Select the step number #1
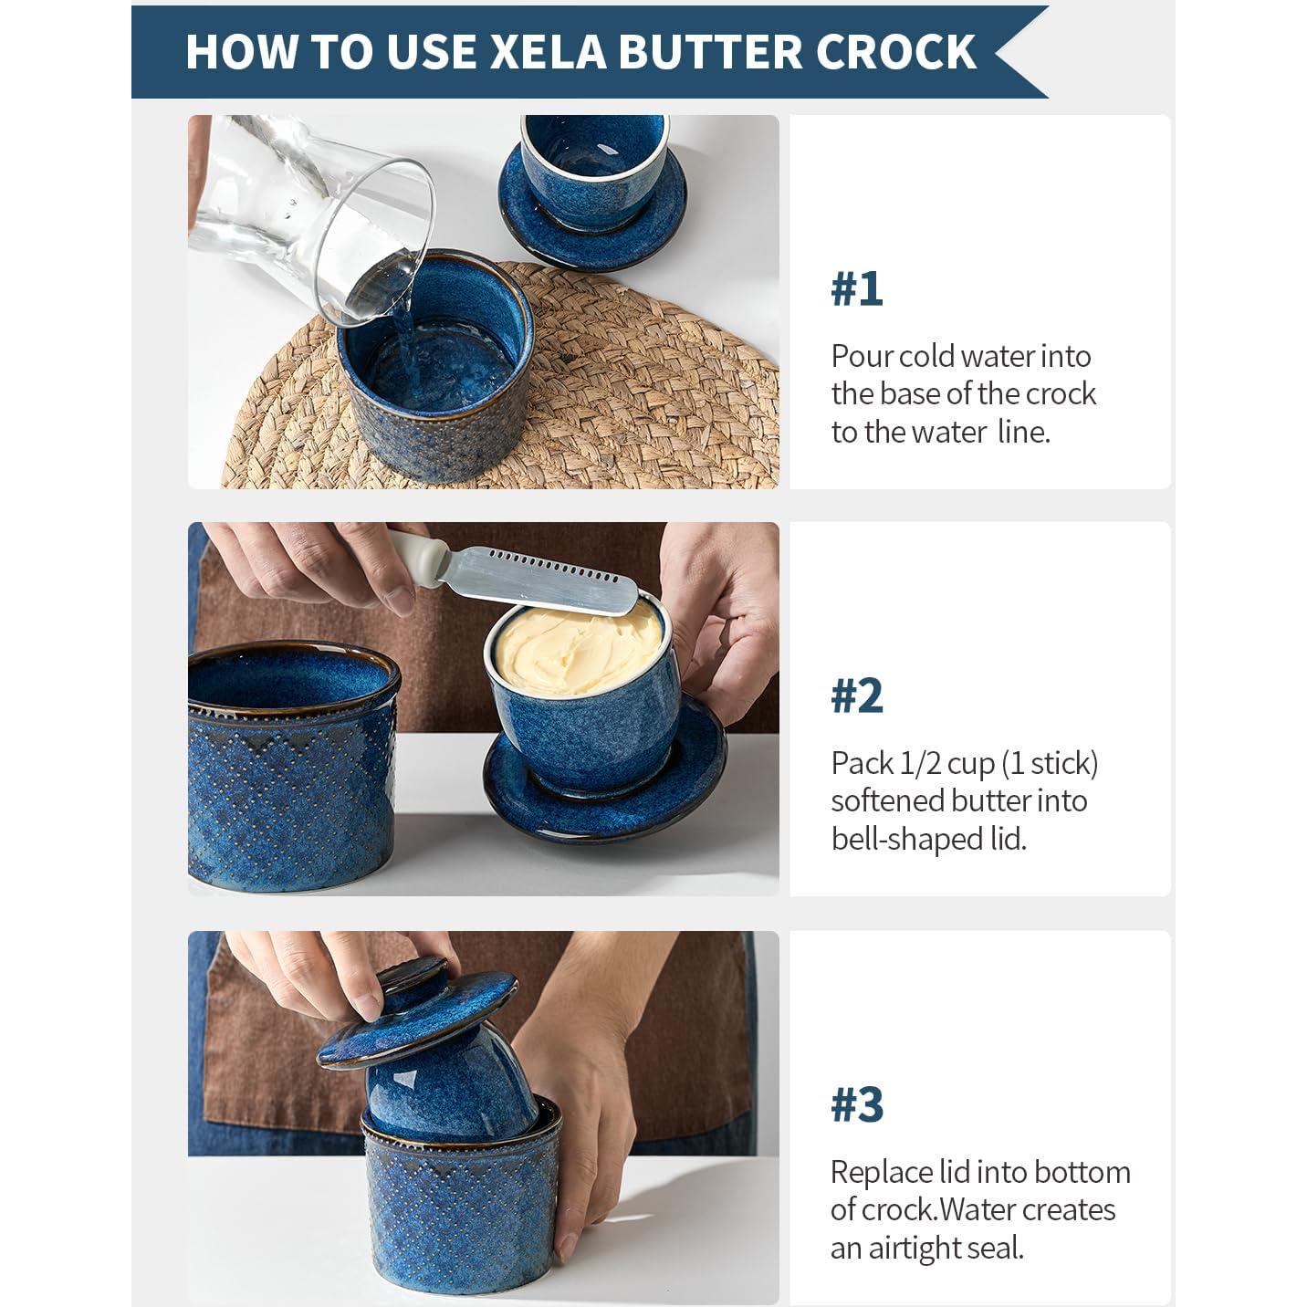(856, 289)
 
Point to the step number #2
(856, 696)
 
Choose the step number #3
(856, 1104)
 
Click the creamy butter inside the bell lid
(575, 643)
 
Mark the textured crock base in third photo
(461, 1205)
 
